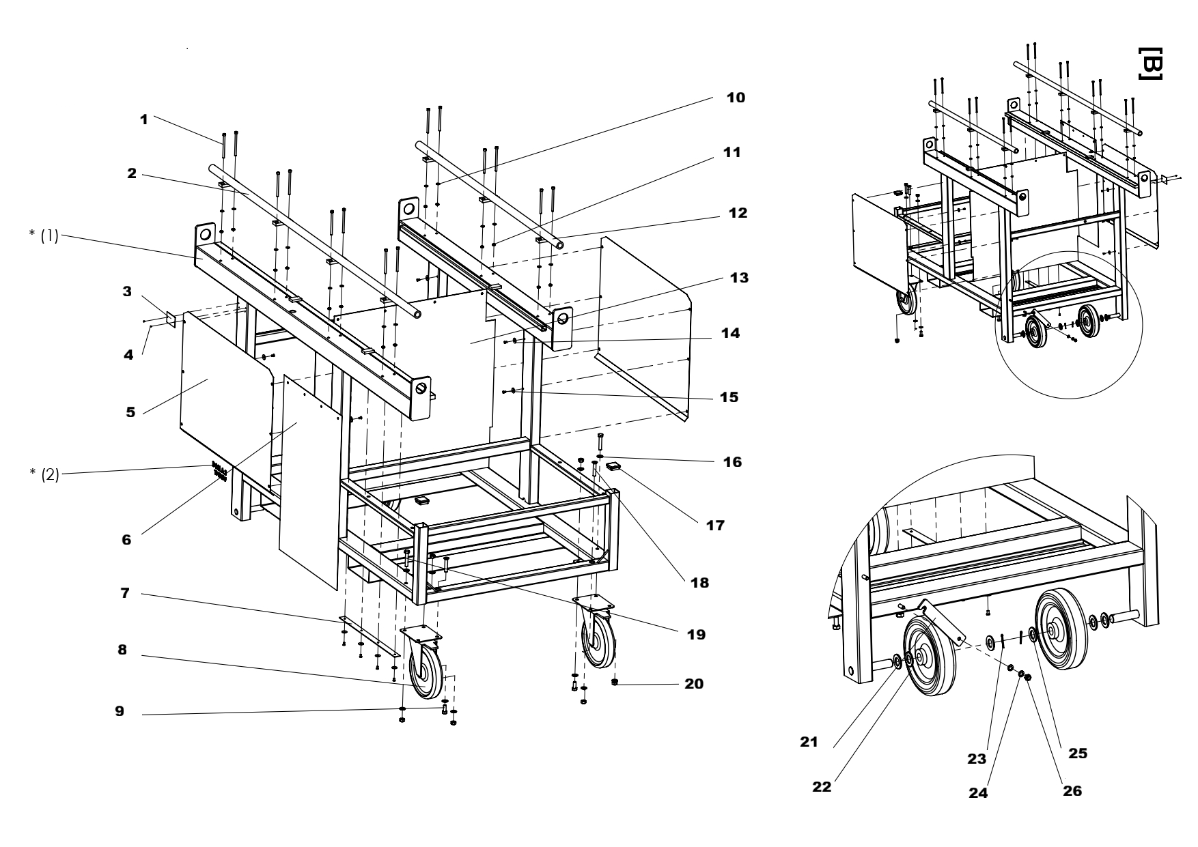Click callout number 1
(x=143, y=119)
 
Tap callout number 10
(x=735, y=98)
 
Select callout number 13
(x=738, y=278)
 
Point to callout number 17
(x=715, y=526)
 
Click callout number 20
(x=693, y=684)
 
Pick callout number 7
(x=125, y=594)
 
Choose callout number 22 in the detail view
(x=822, y=786)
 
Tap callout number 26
(x=1072, y=791)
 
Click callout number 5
(x=130, y=412)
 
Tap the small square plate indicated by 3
(x=171, y=320)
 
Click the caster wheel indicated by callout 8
(x=426, y=675)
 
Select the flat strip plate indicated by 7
(x=369, y=637)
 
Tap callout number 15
(x=729, y=397)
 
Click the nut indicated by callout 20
(x=615, y=682)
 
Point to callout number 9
(x=120, y=711)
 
